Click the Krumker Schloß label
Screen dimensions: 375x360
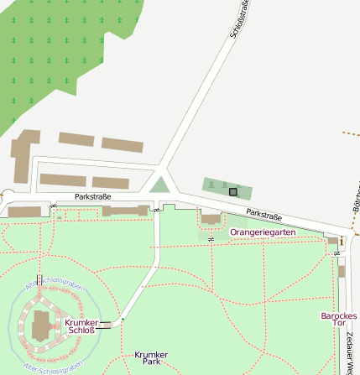click(81, 326)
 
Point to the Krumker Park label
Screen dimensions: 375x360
click(151, 359)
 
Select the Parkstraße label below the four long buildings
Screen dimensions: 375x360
click(93, 198)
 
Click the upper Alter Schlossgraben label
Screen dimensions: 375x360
click(55, 285)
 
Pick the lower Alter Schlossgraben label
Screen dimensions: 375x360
click(52, 367)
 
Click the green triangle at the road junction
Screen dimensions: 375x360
click(159, 185)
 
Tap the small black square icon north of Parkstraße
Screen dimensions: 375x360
click(233, 191)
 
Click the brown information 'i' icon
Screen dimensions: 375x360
click(342, 242)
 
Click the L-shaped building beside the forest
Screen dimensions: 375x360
click(23, 155)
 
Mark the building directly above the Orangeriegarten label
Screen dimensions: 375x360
click(211, 219)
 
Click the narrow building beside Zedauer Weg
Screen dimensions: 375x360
click(342, 271)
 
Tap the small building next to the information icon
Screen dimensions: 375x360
click(332, 242)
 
